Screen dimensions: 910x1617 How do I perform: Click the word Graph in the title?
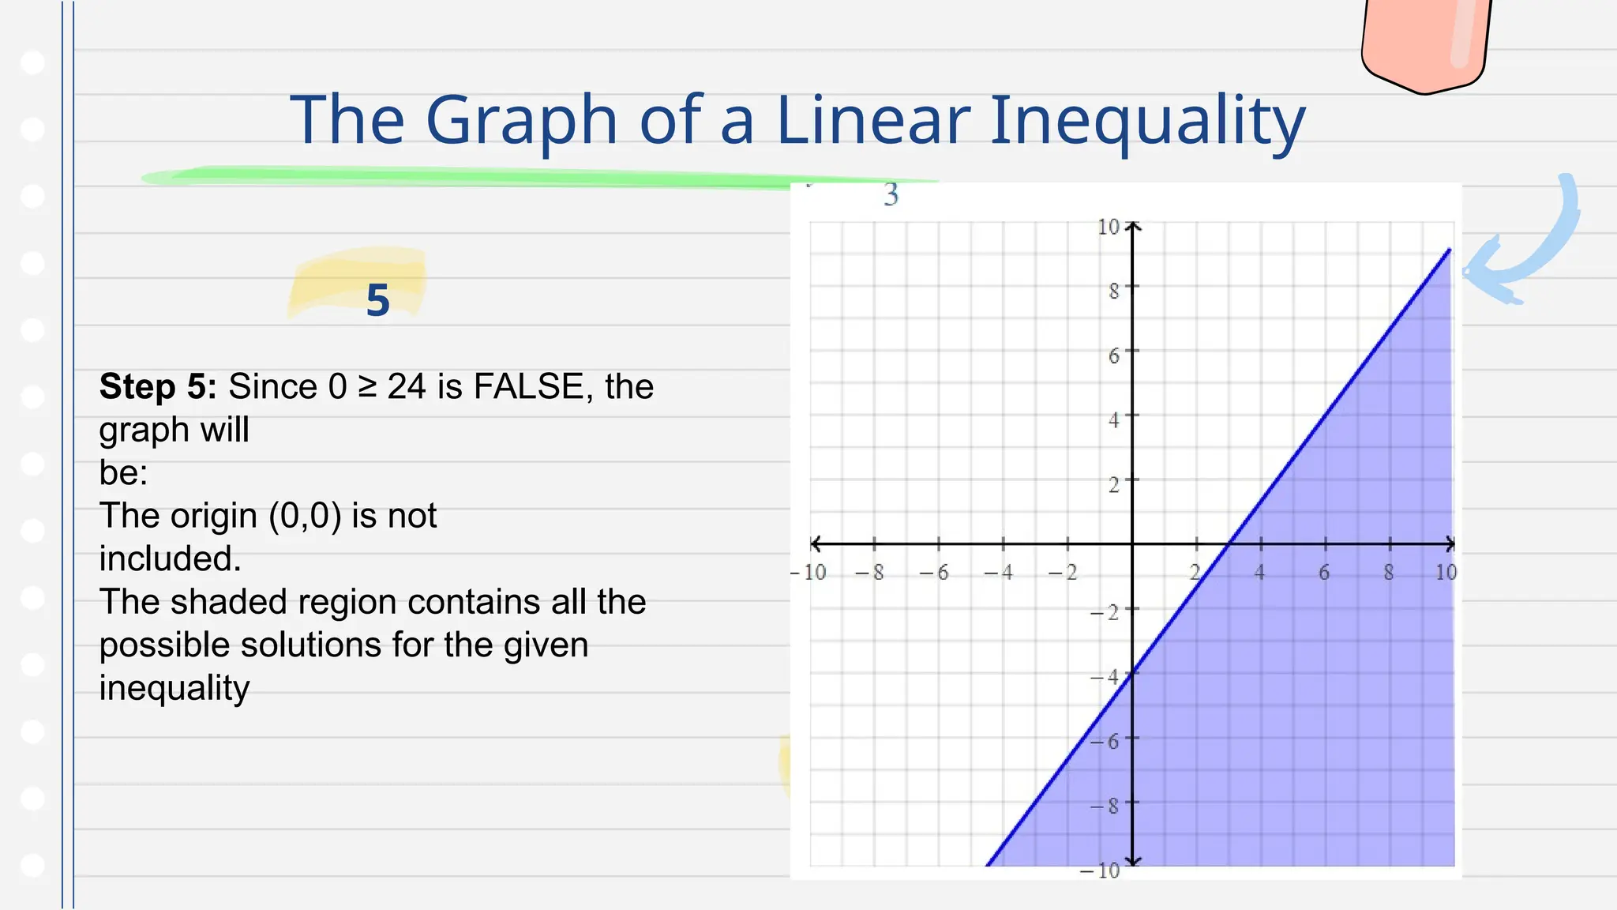pyautogui.click(x=521, y=120)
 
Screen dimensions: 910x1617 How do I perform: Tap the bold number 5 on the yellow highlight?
pyautogui.click(x=378, y=301)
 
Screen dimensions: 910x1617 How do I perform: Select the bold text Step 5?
pyautogui.click(x=158, y=387)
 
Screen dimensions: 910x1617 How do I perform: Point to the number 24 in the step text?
pyautogui.click(x=407, y=387)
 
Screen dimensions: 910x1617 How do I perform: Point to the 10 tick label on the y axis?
pyautogui.click(x=1109, y=227)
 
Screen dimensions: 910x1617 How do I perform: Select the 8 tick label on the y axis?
pyautogui.click(x=1113, y=291)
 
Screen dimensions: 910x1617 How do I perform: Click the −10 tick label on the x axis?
pyautogui.click(x=808, y=573)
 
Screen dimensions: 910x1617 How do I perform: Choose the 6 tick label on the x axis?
pyautogui.click(x=1324, y=573)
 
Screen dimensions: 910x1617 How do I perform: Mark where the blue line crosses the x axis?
pyautogui.click(x=1229, y=544)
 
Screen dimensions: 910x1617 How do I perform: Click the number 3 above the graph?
pyautogui.click(x=891, y=194)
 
